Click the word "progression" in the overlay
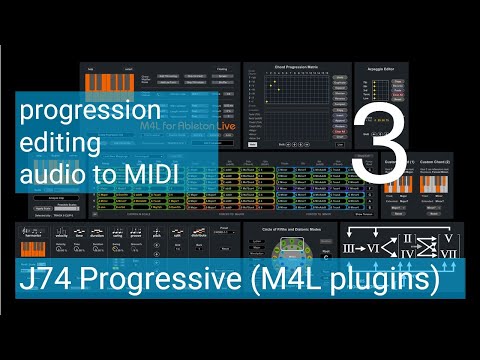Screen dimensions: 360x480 coord(89,109)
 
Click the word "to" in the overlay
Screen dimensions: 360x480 coord(103,175)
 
